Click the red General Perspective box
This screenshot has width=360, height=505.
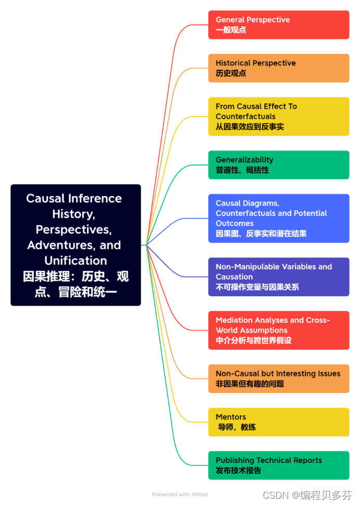click(x=278, y=24)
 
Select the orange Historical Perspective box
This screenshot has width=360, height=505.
click(x=278, y=68)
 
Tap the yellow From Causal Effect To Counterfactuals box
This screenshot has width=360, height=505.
click(x=278, y=116)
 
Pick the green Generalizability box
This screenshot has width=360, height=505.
click(x=278, y=165)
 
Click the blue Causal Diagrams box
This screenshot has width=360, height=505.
click(x=278, y=218)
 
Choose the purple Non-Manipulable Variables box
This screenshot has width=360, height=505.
click(x=278, y=276)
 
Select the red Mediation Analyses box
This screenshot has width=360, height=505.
click(x=278, y=330)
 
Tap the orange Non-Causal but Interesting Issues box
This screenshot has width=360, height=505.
click(x=278, y=378)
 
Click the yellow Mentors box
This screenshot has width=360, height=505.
click(x=278, y=422)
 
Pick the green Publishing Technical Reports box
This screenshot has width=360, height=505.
click(x=278, y=465)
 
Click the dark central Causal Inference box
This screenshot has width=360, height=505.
click(x=75, y=245)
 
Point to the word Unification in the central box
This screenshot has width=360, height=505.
click(x=75, y=260)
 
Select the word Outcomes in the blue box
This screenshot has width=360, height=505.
click(x=235, y=223)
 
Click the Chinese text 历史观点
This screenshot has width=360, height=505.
click(x=231, y=73)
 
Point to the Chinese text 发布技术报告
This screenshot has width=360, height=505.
click(x=238, y=470)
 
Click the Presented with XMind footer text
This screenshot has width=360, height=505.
click(x=180, y=494)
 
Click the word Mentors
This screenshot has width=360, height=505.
click(x=231, y=416)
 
